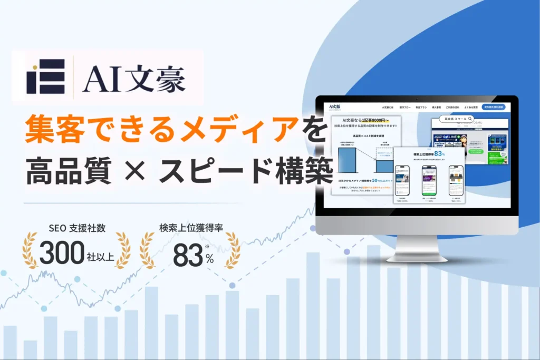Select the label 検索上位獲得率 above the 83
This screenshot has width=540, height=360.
(191, 229)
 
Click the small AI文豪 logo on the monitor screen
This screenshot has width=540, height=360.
(334, 106)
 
